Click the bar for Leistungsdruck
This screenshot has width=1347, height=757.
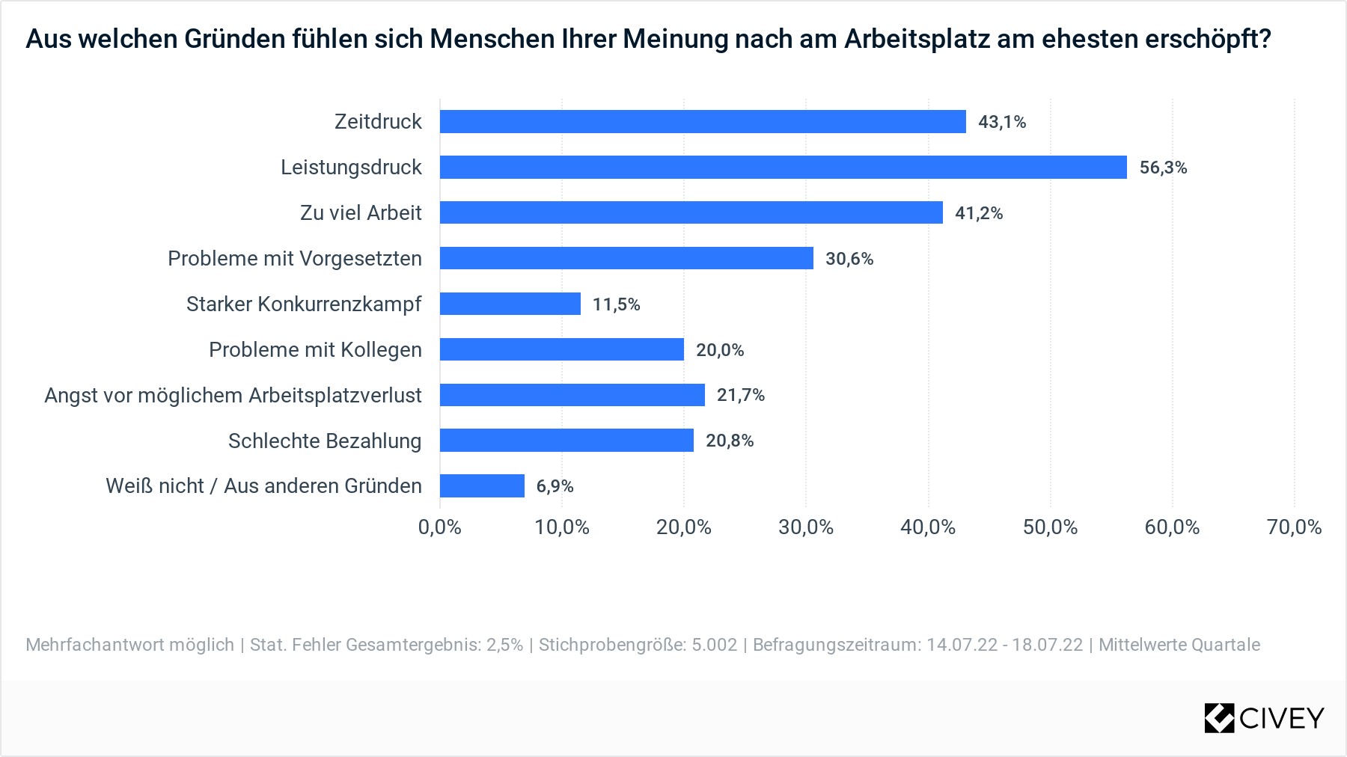pyautogui.click(x=783, y=168)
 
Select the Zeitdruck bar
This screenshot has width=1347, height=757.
pyautogui.click(x=703, y=122)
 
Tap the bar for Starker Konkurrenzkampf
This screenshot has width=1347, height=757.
pyautogui.click(x=510, y=304)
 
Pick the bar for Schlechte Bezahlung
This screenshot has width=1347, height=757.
pyautogui.click(x=566, y=441)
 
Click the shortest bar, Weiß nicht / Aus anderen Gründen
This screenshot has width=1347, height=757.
pyautogui.click(x=482, y=486)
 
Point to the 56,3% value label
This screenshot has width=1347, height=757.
pyautogui.click(x=1163, y=168)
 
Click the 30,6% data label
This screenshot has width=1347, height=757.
pyautogui.click(x=849, y=259)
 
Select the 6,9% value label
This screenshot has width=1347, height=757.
pyautogui.click(x=555, y=486)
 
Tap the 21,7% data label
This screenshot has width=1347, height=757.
pyautogui.click(x=741, y=395)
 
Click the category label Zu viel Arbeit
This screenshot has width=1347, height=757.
pyautogui.click(x=361, y=213)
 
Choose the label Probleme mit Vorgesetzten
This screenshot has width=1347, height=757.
pyautogui.click(x=295, y=259)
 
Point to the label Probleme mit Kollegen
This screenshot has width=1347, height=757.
pyautogui.click(x=315, y=350)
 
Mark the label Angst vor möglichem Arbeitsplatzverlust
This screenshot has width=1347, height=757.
pyautogui.click(x=233, y=396)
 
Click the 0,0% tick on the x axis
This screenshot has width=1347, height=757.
pyautogui.click(x=440, y=527)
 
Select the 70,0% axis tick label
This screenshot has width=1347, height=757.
pyautogui.click(x=1294, y=527)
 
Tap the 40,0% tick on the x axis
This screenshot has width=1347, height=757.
pyautogui.click(x=928, y=527)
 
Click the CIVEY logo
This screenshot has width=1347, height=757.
pyautogui.click(x=1264, y=718)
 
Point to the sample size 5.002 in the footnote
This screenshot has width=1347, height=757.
pyautogui.click(x=714, y=645)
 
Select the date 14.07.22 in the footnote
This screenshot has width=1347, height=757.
pyautogui.click(x=962, y=645)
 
